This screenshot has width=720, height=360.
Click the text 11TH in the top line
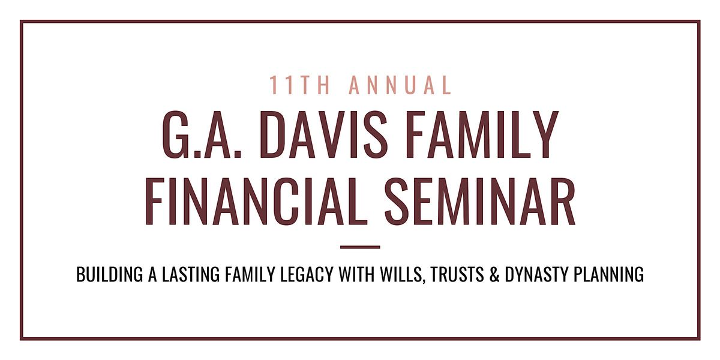pos(300,85)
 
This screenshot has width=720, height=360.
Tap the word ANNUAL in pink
pos(401,85)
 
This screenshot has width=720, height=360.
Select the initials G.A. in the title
pos(202,134)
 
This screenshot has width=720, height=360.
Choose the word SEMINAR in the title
pos(480,200)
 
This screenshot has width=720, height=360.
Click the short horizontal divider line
pos(360,247)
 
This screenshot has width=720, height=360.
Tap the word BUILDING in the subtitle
pos(109,275)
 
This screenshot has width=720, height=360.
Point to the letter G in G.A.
pos(176,134)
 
